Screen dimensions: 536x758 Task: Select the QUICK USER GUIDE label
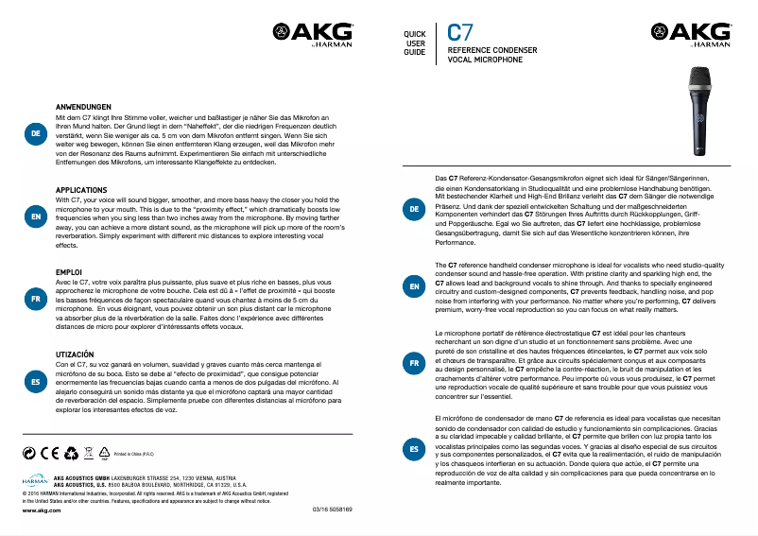pos(415,43)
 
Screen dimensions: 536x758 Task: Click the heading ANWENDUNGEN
pos(84,107)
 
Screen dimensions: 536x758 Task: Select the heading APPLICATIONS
pos(81,190)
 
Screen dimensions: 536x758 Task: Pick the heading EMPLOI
pos(69,272)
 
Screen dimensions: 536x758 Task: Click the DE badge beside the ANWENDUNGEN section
pos(35,135)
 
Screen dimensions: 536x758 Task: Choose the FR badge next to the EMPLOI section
pos(35,299)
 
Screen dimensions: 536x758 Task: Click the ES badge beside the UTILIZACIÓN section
pos(35,381)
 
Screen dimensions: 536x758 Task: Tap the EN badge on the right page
pos(414,285)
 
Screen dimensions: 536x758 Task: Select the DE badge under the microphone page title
pos(414,208)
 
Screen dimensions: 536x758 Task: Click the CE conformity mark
pos(47,454)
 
